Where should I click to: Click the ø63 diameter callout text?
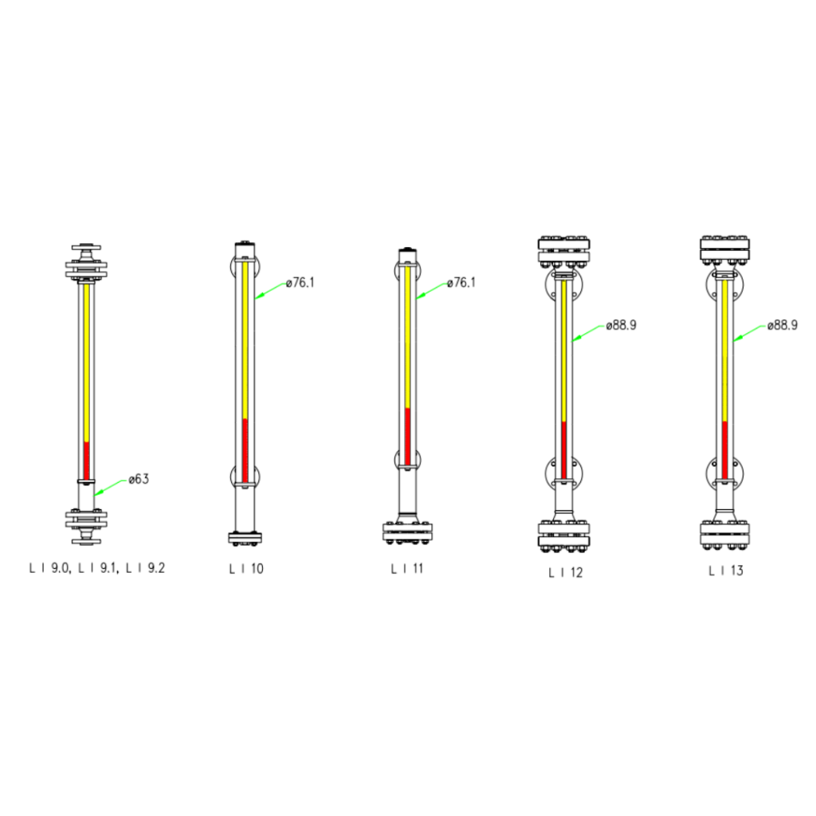pos(139,479)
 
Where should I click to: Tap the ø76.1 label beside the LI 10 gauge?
pos(300,283)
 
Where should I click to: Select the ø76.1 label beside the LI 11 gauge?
pos(461,283)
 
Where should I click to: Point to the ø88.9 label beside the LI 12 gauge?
pos(622,325)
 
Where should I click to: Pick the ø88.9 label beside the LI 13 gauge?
pos(783,325)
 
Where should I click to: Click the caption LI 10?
pos(246,569)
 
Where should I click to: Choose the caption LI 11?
pos(407,568)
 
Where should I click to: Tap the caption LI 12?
pos(566,572)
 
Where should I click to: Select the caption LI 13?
pos(726,571)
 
